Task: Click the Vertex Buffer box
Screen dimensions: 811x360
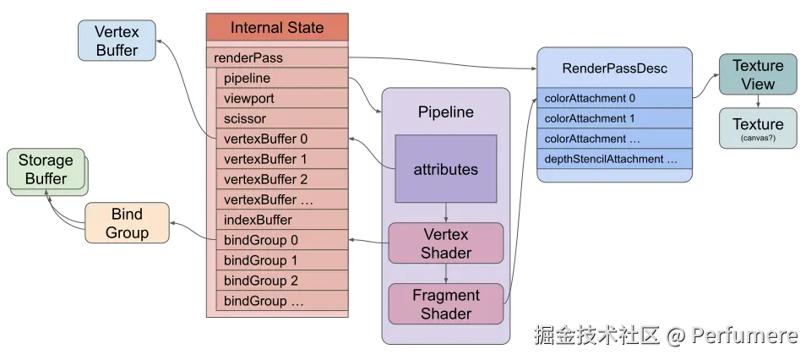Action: (117, 41)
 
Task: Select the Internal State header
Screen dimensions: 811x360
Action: (277, 27)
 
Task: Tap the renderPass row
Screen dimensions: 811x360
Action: (277, 57)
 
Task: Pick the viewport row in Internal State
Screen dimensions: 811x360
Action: (282, 98)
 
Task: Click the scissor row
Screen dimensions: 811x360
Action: (282, 118)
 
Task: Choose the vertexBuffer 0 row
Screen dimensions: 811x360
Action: (282, 139)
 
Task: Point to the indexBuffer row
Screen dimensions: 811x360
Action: (282, 220)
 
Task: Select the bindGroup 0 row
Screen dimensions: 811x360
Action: (282, 240)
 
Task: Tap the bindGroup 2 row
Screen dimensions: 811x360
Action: (282, 281)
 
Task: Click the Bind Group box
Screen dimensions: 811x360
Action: (127, 223)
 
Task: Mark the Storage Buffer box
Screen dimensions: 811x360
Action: (46, 169)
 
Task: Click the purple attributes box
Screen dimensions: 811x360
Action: (446, 169)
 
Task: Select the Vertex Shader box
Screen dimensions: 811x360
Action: (446, 243)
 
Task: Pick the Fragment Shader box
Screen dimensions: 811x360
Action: (446, 304)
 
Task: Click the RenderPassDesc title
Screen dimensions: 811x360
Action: (614, 68)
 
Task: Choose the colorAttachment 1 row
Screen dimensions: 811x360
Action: (614, 118)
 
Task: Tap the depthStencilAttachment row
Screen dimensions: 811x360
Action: (614, 159)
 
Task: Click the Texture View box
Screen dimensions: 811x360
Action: (758, 74)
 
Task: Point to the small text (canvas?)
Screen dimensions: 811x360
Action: (758, 138)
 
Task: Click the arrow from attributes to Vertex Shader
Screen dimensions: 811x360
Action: (446, 213)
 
